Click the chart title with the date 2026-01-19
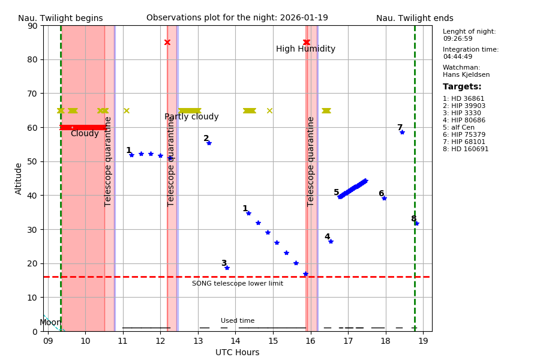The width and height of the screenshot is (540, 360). (237, 18)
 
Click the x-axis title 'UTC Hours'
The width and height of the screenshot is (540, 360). (237, 352)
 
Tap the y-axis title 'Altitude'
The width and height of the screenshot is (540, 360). (19, 178)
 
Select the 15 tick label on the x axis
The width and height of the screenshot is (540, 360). (273, 341)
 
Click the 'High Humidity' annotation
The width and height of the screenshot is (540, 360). (305, 49)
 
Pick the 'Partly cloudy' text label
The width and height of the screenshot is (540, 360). (191, 117)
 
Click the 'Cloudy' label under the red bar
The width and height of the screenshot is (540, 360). (85, 134)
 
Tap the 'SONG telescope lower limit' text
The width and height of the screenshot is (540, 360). (238, 284)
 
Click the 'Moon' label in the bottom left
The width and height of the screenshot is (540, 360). (50, 323)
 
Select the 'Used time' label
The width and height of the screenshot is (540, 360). (238, 321)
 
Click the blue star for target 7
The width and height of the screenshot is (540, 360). (402, 132)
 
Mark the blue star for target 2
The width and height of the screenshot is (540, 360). (209, 143)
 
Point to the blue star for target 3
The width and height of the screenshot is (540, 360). (227, 268)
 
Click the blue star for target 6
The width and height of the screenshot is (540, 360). (384, 198)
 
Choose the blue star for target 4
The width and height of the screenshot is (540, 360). (331, 241)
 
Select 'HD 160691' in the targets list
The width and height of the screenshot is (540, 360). (466, 149)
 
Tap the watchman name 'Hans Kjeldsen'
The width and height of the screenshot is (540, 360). (466, 75)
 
